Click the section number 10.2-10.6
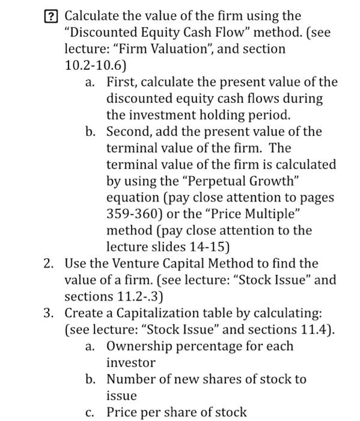(x=93, y=65)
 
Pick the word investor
(x=130, y=363)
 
